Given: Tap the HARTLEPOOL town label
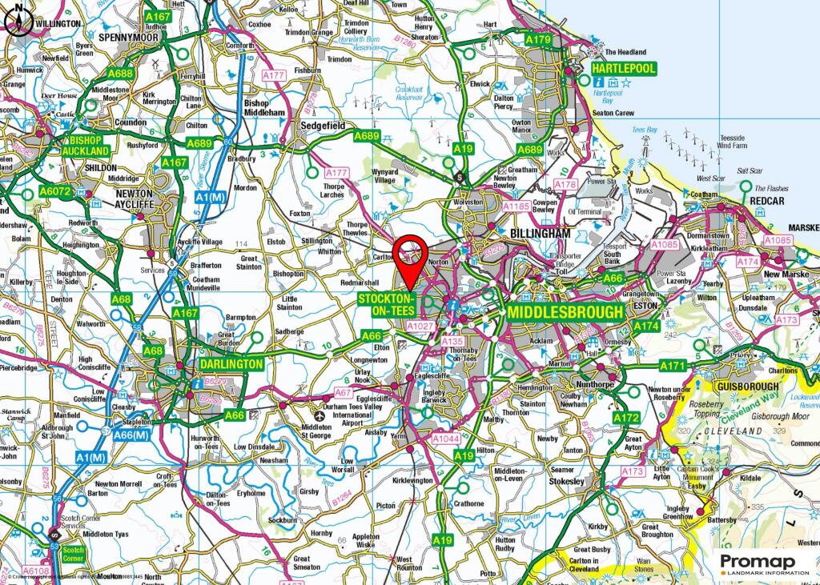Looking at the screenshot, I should pyautogui.click(x=623, y=69).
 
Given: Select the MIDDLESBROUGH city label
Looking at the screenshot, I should pyautogui.click(x=565, y=312).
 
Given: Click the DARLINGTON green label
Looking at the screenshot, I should pyautogui.click(x=231, y=363).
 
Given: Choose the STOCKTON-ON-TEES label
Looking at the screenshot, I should pyautogui.click(x=387, y=303).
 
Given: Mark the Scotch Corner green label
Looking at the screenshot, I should pyautogui.click(x=74, y=554).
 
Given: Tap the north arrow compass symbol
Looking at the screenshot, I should pyautogui.click(x=18, y=22).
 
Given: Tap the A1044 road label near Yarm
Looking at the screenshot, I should pyautogui.click(x=445, y=439).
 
